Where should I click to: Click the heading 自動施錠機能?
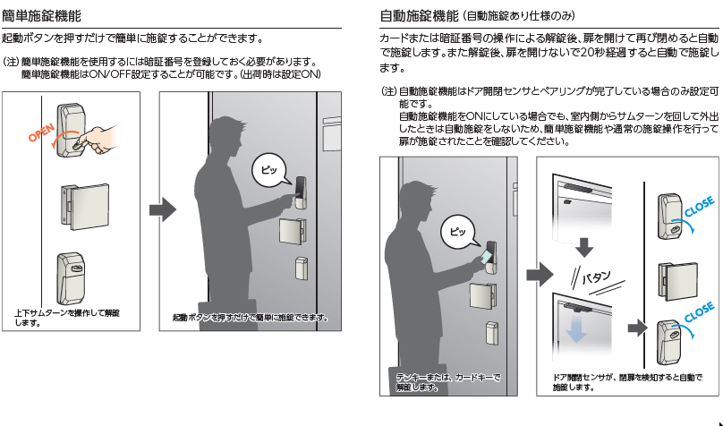[417, 15]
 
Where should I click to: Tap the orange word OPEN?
[40, 132]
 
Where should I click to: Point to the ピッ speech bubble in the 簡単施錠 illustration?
[268, 168]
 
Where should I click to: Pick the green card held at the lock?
[484, 257]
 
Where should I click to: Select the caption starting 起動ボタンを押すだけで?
[250, 318]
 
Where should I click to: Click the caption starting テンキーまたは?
[448, 382]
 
